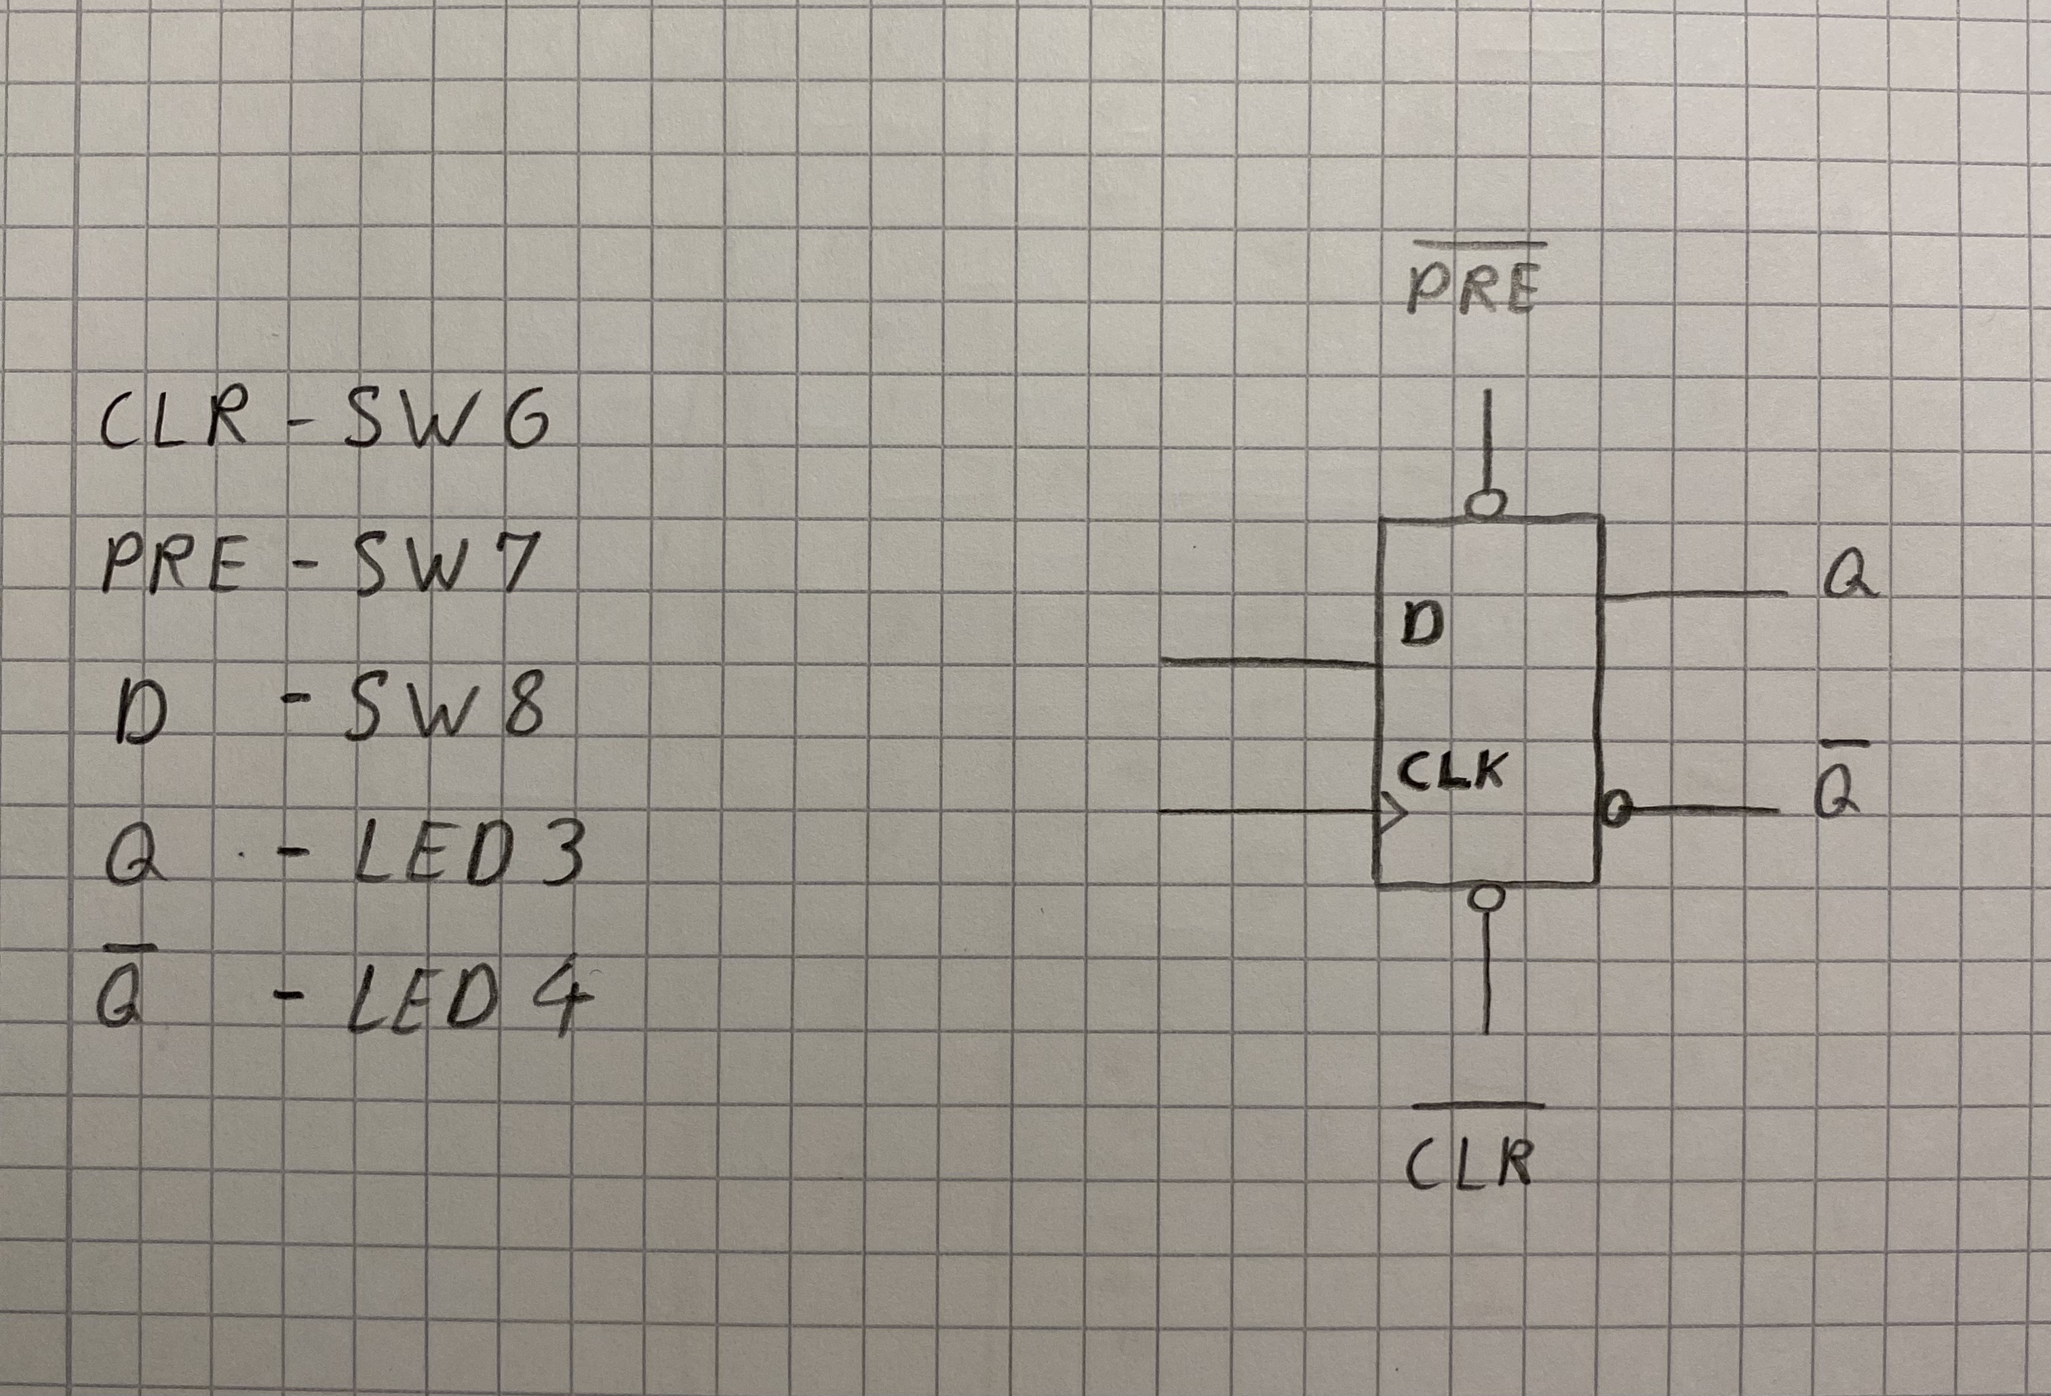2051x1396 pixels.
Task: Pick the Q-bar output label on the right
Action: (1841, 794)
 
